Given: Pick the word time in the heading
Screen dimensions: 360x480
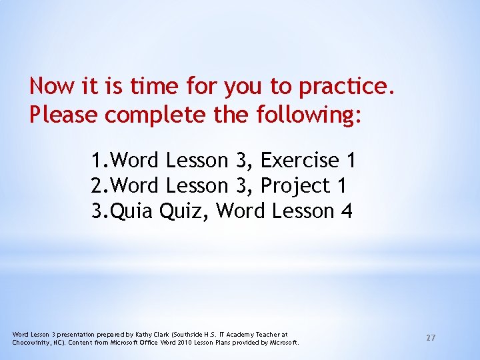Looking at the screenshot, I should coord(154,86).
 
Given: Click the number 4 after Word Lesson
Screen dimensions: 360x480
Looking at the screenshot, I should coord(346,211).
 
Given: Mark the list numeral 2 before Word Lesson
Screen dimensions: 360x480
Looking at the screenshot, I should coord(98,186).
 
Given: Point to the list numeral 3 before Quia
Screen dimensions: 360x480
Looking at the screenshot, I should coord(98,211).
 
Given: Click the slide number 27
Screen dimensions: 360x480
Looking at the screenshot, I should coord(431,338).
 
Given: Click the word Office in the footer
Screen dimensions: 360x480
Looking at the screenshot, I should coord(149,342).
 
